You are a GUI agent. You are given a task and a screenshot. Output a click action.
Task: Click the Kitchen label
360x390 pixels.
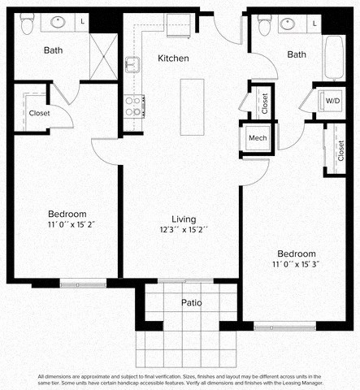[173, 58]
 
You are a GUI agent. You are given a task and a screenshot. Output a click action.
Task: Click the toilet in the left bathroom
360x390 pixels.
[27, 25]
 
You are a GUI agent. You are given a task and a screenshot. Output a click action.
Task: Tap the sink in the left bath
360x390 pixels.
[59, 23]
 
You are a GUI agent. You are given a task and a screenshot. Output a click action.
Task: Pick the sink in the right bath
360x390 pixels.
[288, 23]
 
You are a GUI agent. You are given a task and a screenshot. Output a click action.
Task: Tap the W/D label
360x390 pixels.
[332, 101]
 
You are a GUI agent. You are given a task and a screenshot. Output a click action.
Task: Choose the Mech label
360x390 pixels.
[258, 138]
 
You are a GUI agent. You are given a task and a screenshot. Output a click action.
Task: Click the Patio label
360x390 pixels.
[191, 303]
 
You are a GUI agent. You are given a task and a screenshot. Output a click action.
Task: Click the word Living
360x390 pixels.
[184, 219]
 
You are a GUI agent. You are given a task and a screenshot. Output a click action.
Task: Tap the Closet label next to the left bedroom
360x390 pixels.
[39, 113]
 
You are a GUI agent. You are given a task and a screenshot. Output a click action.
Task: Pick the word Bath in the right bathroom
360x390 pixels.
[297, 54]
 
